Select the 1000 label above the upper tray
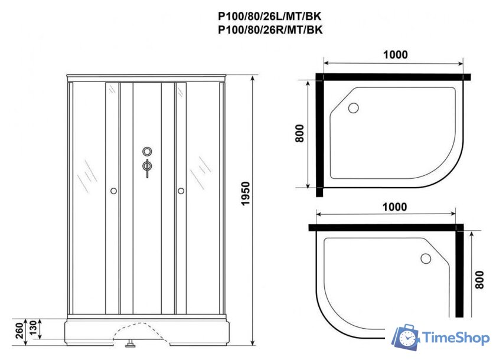coord(394,55)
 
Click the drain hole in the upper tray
coord(354,108)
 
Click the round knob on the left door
coord(113,191)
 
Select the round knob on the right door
coord(181,191)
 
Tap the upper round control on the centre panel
coord(147,151)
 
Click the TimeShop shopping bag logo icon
coord(407,338)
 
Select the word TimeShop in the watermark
coord(455,338)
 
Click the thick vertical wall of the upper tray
coord(319,133)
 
